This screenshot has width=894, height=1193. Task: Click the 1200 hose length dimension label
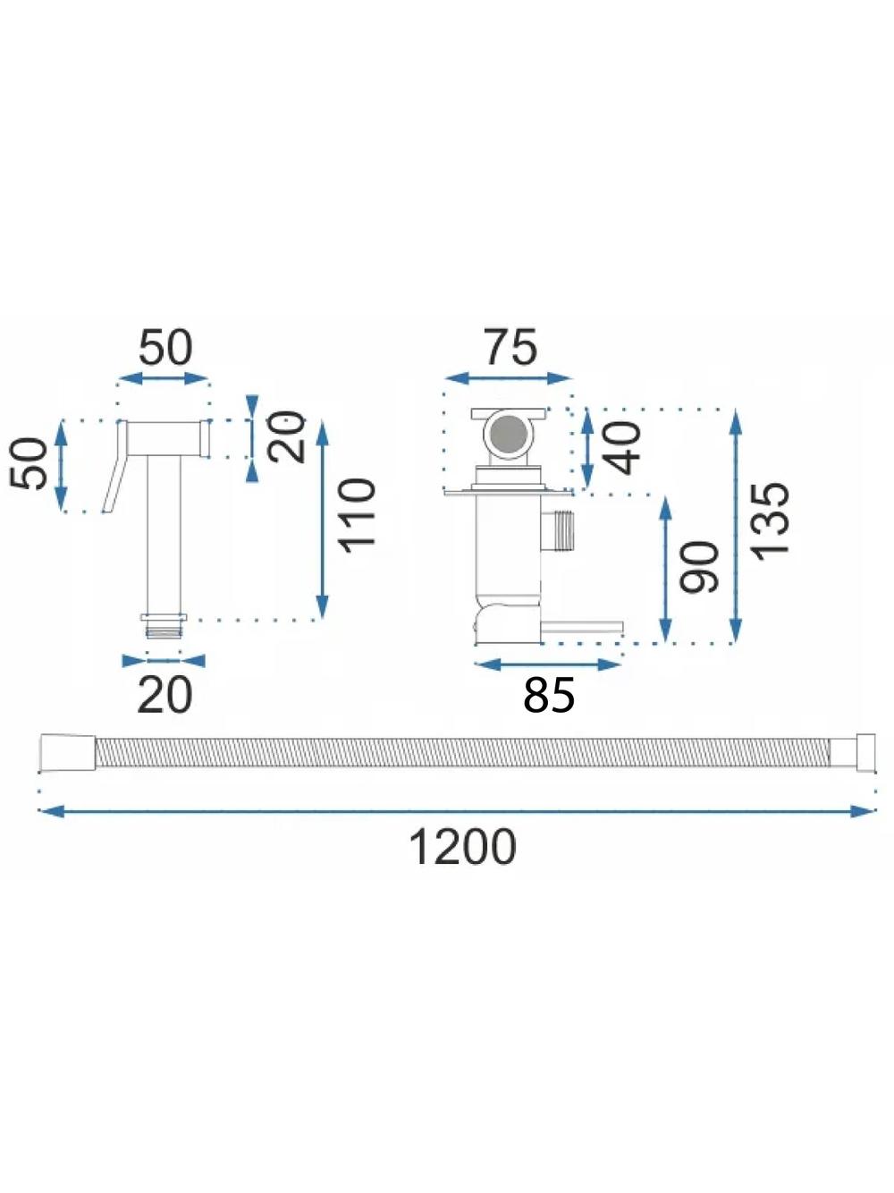coord(462,847)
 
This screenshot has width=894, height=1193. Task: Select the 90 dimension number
coord(700,567)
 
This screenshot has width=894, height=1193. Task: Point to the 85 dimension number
coord(549,695)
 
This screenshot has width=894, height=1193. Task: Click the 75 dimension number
coord(511,347)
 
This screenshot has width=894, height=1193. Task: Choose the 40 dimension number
coord(622,447)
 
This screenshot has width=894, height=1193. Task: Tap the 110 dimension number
coord(357,515)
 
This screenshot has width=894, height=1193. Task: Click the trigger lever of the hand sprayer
coord(115,466)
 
